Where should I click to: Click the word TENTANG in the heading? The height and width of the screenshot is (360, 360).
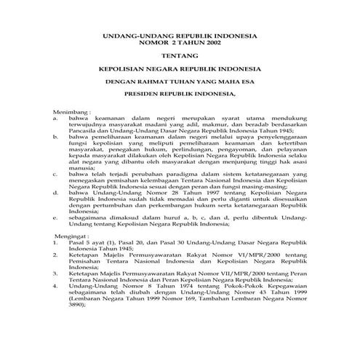180,53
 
